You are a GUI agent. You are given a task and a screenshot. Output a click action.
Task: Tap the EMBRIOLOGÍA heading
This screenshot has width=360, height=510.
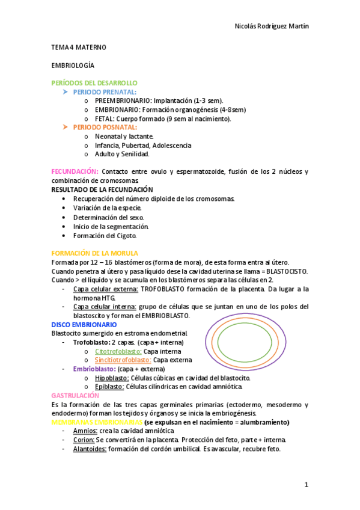pyautogui.click(x=73, y=64)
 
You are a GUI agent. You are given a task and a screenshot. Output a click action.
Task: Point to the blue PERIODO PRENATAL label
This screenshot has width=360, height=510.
pyautogui.click(x=105, y=92)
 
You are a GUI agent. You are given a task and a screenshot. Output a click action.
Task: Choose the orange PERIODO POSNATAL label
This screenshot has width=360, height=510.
pyautogui.click(x=105, y=127)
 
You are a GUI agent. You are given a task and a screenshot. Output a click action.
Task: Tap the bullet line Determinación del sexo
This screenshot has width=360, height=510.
pyautogui.click(x=108, y=217)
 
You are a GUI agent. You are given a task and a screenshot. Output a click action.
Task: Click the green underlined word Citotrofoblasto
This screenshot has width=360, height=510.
pyautogui.click(x=118, y=351)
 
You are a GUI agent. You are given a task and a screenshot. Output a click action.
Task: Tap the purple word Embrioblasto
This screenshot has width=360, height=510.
pyautogui.click(x=94, y=369)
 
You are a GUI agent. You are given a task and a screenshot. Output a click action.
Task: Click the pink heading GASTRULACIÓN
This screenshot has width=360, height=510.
pyautogui.click(x=75, y=396)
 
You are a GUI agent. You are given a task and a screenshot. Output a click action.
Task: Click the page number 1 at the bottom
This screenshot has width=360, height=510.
pyautogui.click(x=306, y=485)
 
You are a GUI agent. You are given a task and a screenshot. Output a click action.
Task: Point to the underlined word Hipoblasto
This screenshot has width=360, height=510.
pyautogui.click(x=112, y=378)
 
